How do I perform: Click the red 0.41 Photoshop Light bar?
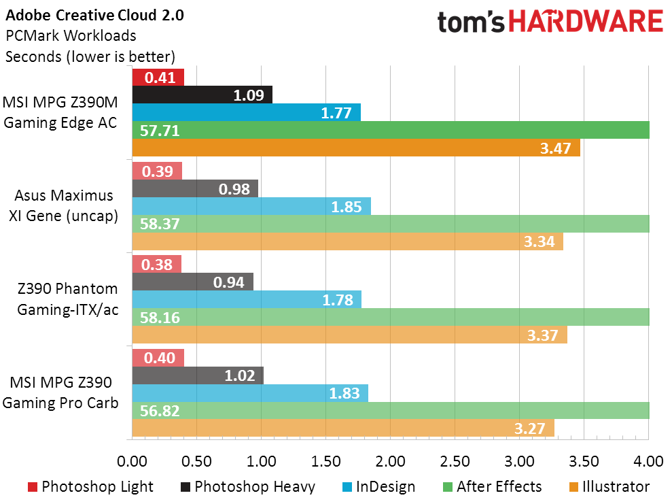pos(158,78)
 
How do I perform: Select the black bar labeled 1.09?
pos(202,95)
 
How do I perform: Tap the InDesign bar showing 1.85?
pos(251,206)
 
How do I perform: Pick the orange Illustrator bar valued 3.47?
pos(356,148)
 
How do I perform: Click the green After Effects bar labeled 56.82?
pos(391,410)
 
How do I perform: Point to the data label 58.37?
pos(160,224)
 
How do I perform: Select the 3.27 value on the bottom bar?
pos(533,429)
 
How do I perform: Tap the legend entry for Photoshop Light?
pos(90,486)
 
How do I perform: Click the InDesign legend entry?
pos(376,486)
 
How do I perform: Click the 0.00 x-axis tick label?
pos(132,462)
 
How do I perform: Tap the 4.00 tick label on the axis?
pos(648,462)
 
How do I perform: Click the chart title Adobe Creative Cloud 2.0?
pos(94,15)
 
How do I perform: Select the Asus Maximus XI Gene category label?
pos(64,205)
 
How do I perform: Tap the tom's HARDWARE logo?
pos(550,22)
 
